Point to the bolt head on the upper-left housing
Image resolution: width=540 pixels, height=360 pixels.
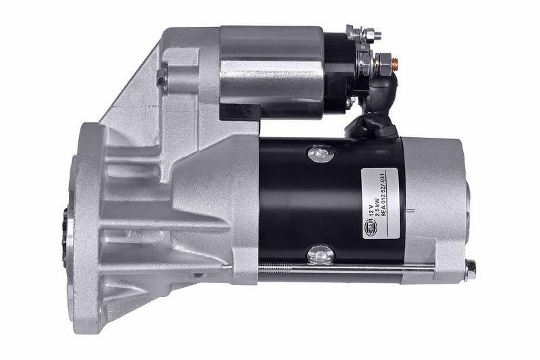click(x=161, y=80)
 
